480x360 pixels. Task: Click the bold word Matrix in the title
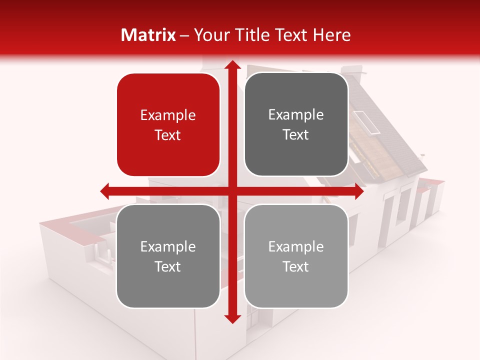pos(148,35)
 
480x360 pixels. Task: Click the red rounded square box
pos(168,125)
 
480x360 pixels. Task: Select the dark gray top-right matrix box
pos(296,124)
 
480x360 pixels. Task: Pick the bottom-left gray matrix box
pos(168,256)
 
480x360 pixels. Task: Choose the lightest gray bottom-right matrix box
pos(296,256)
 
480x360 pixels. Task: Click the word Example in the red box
pos(168,115)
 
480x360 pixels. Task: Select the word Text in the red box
pos(168,135)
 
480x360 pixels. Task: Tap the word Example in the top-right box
pos(296,115)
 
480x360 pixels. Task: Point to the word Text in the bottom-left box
pos(168,266)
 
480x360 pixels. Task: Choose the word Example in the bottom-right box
pos(296,246)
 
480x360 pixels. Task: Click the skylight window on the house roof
pos(367,122)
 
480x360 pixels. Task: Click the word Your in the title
pos(208,35)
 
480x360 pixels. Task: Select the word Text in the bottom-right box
pos(296,266)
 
